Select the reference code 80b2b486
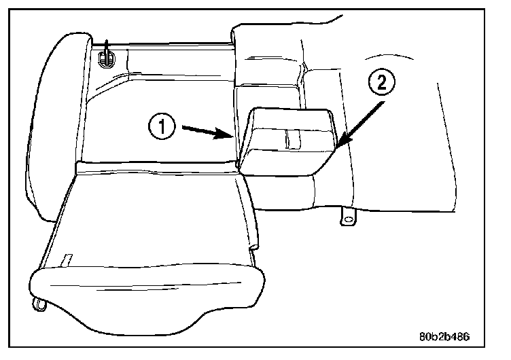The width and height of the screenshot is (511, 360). (442, 336)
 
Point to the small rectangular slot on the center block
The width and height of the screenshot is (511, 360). (292, 139)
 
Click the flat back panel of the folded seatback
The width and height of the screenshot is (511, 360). (156, 217)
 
